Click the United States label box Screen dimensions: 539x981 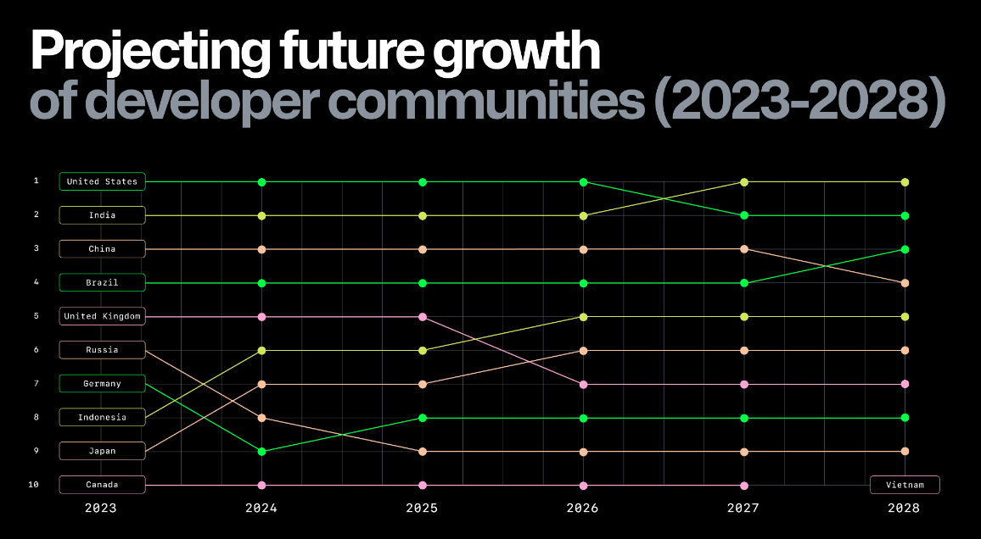click(102, 181)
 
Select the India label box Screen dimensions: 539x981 click(102, 215)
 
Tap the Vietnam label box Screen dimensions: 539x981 click(905, 485)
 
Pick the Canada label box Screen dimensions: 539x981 click(102, 485)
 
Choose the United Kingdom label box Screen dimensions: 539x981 click(102, 316)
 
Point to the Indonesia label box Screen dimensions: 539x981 click(102, 417)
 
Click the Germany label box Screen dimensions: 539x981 click(102, 384)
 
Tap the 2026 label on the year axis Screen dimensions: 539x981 click(582, 508)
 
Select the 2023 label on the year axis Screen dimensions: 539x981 click(101, 508)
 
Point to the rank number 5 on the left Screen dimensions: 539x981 click(36, 316)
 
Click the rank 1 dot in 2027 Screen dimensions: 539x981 click(744, 182)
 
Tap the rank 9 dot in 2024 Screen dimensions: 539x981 click(261, 452)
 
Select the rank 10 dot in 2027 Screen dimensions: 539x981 click(744, 486)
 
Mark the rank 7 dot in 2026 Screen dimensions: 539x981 click(583, 385)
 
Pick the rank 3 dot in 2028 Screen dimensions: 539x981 click(905, 249)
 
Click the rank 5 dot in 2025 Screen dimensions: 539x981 click(422, 317)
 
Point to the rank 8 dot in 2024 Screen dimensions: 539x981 click(261, 418)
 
